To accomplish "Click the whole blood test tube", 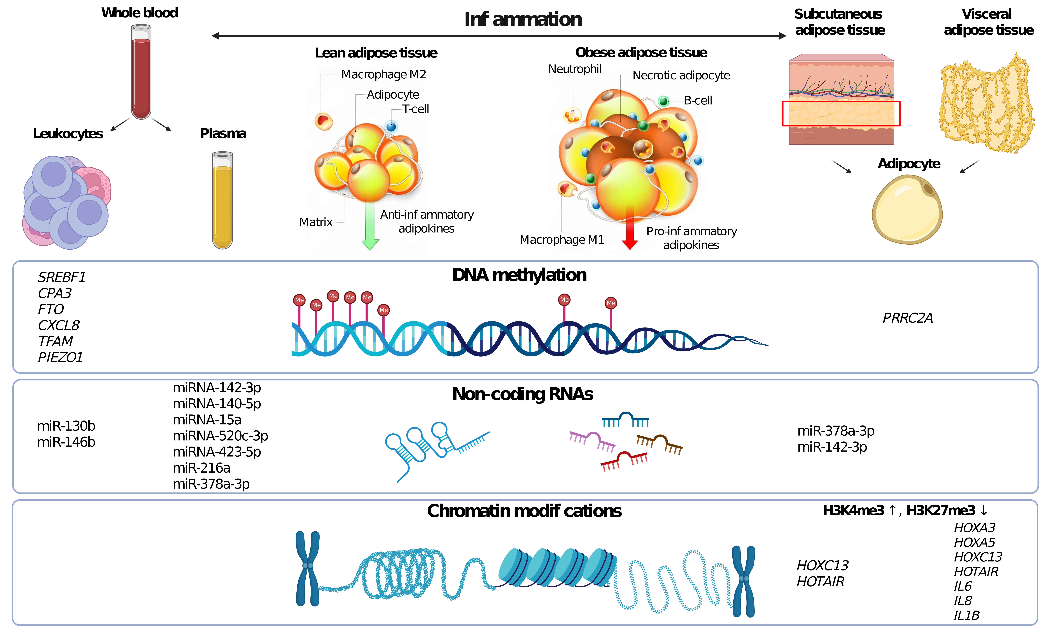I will point(141,72).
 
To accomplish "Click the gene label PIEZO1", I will point(60,357).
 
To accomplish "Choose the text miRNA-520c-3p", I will point(220,436).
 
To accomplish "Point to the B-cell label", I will point(698,101).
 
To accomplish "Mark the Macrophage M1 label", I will point(562,240).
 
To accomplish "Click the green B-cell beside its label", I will point(663,101).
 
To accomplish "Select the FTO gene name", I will point(51,310).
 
